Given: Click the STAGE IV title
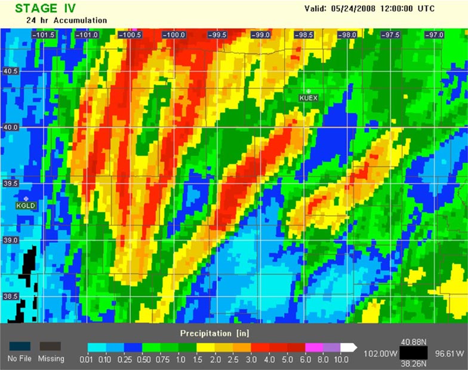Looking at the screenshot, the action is [45, 8].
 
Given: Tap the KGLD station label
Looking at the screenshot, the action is [26, 206].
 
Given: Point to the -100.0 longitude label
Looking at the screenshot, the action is [174, 35].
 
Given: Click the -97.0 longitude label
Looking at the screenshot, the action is [433, 35].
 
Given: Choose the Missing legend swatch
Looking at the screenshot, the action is [50, 346].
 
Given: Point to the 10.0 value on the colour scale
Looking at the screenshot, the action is [341, 359].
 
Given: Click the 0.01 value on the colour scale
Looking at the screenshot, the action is [87, 359].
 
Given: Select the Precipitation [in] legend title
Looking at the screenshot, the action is [214, 332].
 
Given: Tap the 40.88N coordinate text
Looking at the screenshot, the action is [412, 342].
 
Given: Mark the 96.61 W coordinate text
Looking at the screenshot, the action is [449, 354].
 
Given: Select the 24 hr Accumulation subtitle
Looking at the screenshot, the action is [66, 20].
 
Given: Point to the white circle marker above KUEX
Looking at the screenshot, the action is [309, 91].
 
